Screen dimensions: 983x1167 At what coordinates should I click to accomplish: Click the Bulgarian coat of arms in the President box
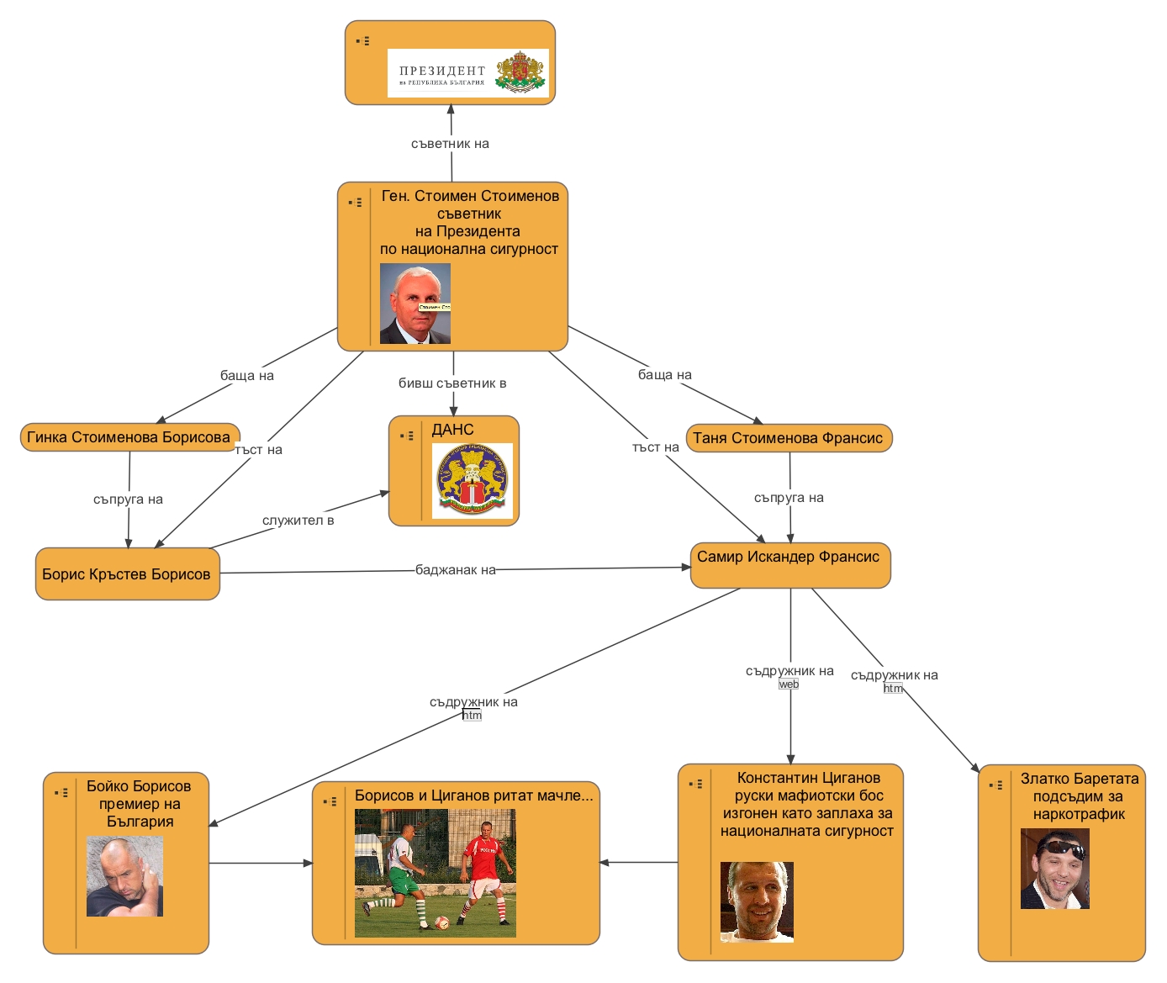point(520,72)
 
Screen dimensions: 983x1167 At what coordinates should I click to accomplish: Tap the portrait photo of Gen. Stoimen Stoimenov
point(415,304)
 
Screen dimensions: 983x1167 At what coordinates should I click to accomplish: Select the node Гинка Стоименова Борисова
point(129,437)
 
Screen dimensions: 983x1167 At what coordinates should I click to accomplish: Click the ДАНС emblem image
point(472,480)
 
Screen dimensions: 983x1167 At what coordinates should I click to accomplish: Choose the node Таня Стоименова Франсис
point(789,438)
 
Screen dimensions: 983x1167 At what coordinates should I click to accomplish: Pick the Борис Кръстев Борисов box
point(127,574)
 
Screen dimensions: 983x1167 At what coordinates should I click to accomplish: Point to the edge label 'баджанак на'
point(456,570)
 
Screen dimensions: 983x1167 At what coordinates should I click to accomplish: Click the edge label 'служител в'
point(298,521)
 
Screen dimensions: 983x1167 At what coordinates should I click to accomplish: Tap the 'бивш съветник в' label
point(452,383)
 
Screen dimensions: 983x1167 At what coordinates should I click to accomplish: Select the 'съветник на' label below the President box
point(450,144)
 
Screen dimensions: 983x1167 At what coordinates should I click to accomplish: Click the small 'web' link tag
point(789,684)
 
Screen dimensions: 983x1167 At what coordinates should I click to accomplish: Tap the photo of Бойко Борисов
point(124,875)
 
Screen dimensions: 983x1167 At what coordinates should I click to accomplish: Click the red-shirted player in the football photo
point(486,869)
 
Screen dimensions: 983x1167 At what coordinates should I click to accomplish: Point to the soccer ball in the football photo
point(441,922)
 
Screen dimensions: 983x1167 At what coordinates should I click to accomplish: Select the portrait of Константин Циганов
point(757,901)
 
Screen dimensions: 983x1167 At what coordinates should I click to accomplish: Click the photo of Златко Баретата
point(1054,869)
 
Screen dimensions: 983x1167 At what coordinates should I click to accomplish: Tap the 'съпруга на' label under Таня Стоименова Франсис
point(789,498)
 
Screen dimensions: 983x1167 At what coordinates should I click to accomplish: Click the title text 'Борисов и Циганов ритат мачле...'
point(473,795)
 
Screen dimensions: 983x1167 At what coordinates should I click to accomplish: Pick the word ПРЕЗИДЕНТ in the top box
point(442,71)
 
